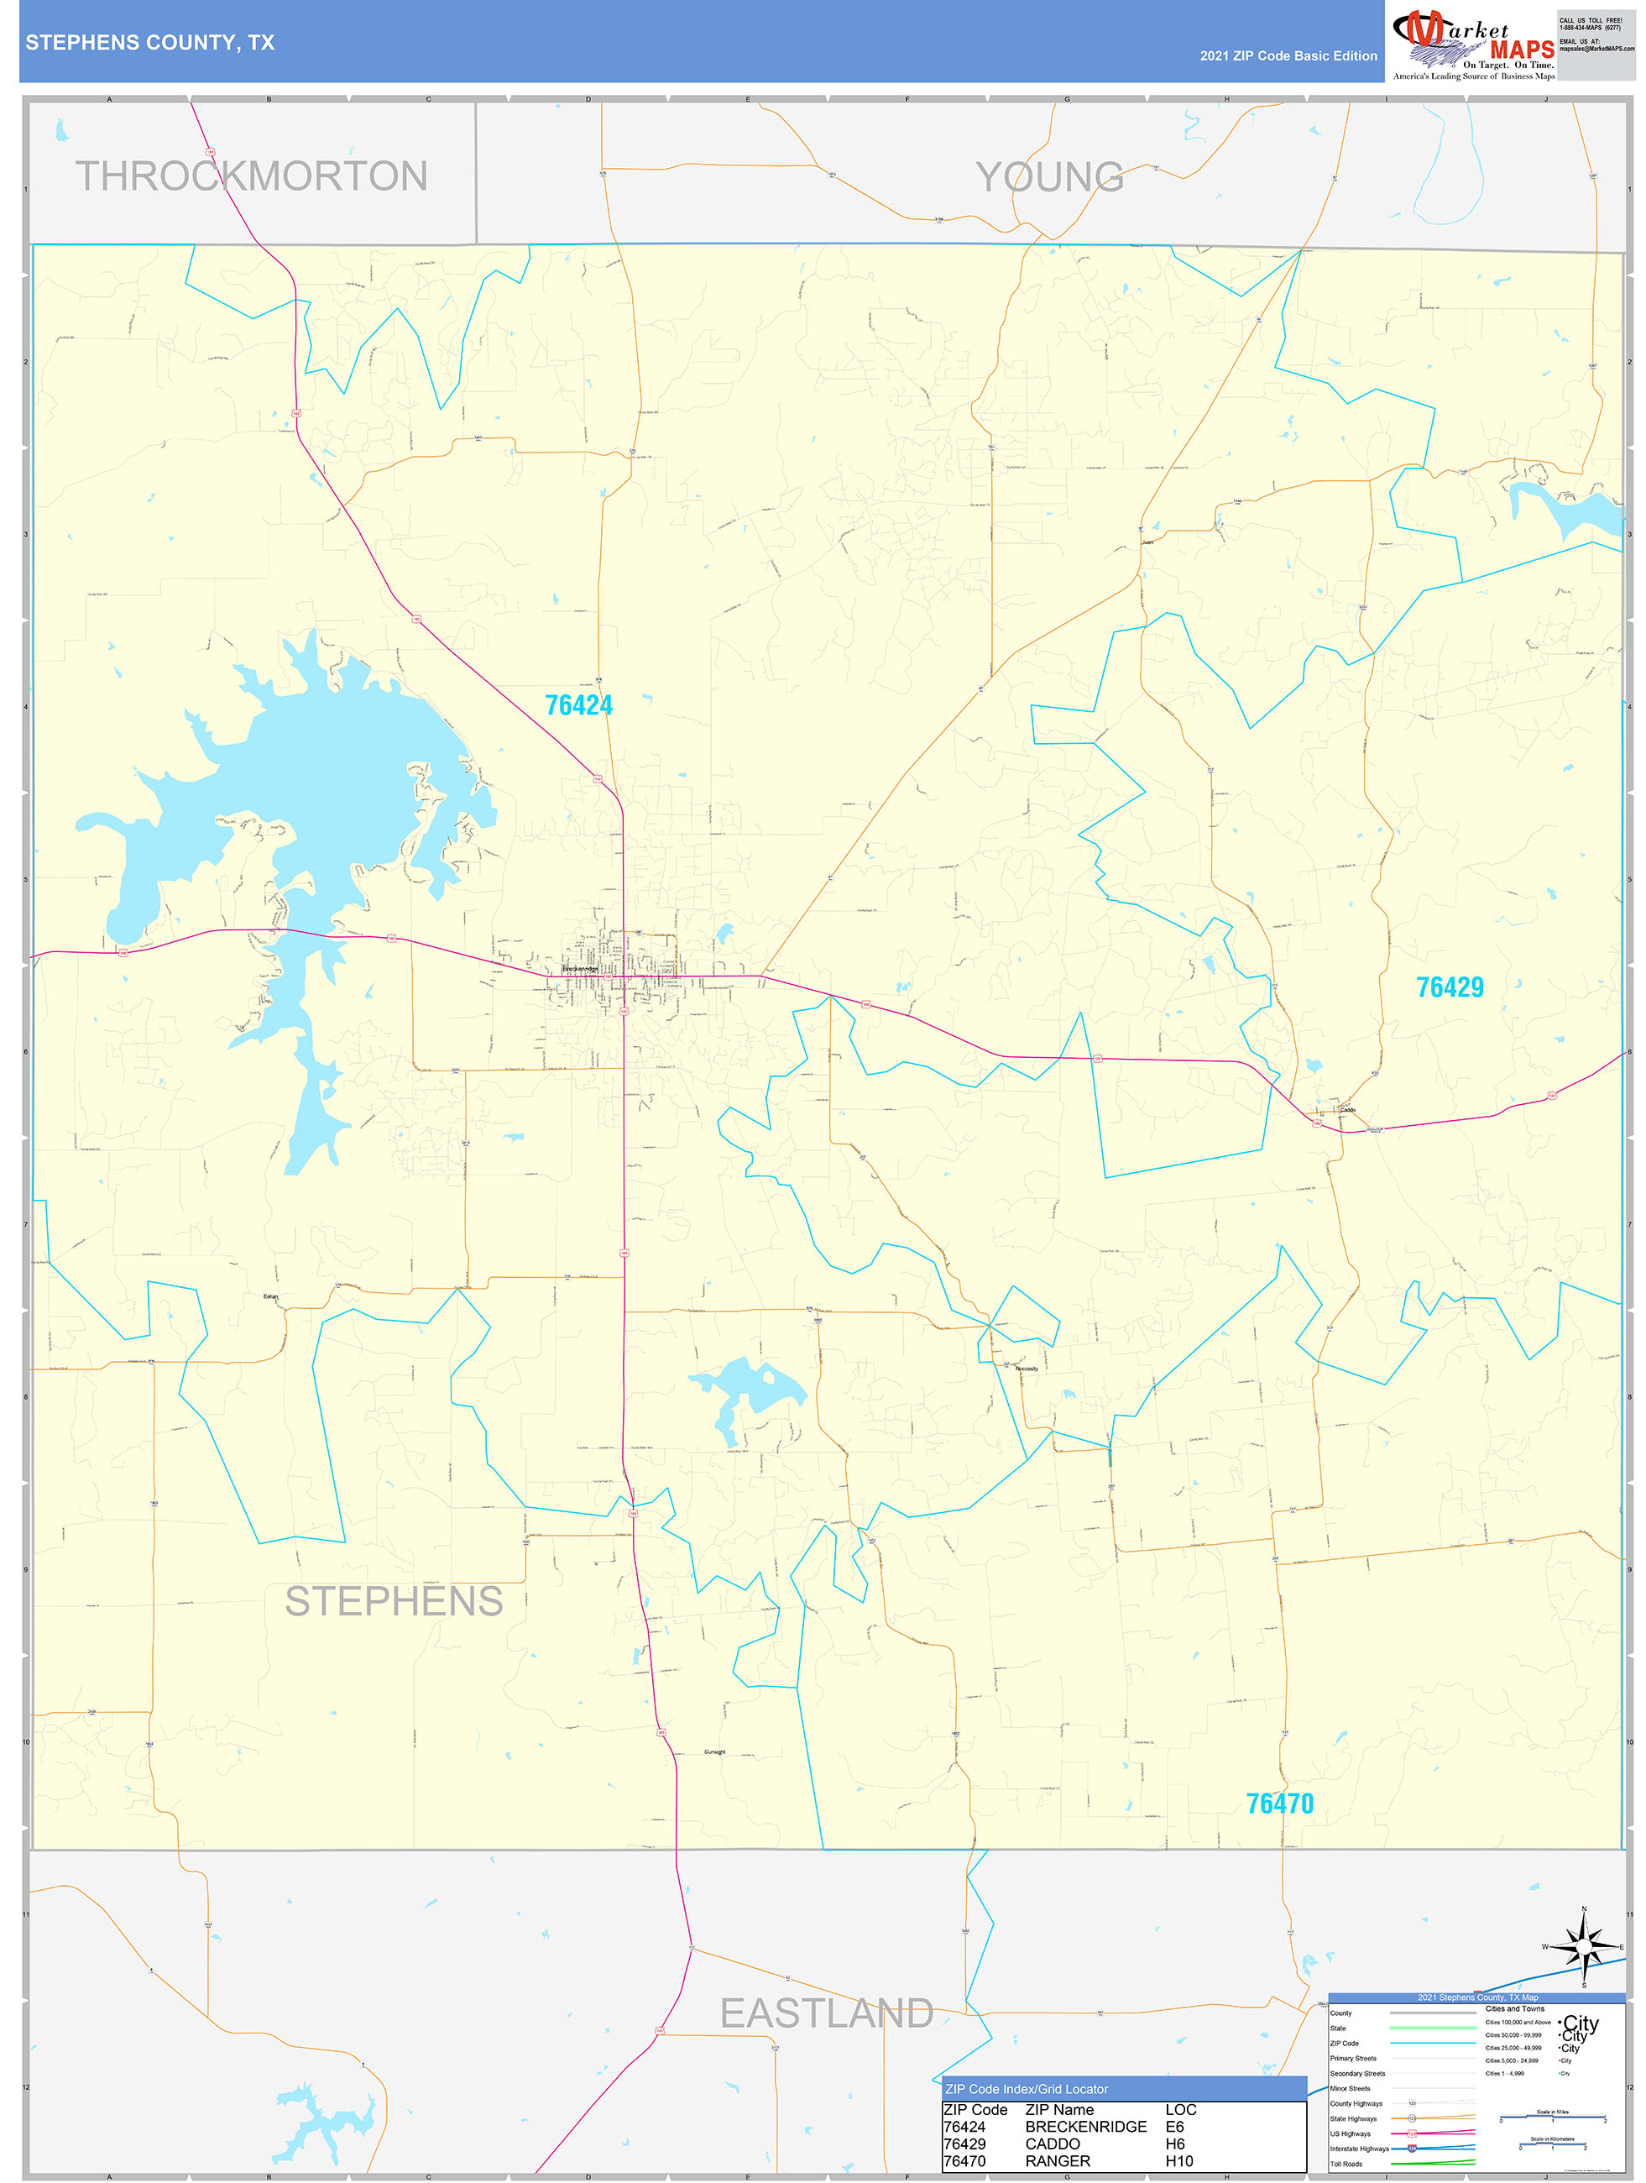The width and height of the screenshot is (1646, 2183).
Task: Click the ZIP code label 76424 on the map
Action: [578, 705]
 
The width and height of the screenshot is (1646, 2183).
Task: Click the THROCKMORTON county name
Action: [252, 176]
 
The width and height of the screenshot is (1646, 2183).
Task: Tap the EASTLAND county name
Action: [826, 2013]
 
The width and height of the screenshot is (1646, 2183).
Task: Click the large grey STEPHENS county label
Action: [394, 1602]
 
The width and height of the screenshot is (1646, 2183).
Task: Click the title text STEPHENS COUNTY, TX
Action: [150, 43]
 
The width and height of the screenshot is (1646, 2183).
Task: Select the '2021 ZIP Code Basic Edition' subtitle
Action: [1288, 56]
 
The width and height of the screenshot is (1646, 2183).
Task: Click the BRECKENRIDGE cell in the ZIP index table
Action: [1085, 2127]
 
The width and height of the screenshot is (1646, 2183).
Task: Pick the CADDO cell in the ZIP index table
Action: [1052, 2144]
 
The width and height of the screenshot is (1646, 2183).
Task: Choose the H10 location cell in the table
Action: [1178, 2161]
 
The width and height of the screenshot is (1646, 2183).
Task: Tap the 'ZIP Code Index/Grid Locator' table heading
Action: [1027, 2089]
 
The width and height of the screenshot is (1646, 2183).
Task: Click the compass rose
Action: [1583, 1947]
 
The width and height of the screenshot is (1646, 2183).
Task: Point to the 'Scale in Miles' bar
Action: [1552, 2116]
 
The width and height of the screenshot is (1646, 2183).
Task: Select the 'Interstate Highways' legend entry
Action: [1359, 2149]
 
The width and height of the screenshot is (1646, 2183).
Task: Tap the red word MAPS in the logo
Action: [1522, 50]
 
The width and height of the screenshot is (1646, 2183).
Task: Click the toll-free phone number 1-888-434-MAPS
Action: [1590, 28]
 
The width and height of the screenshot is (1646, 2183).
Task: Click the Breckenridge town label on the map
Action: [580, 969]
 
